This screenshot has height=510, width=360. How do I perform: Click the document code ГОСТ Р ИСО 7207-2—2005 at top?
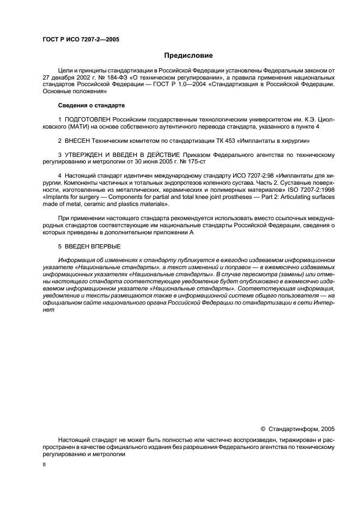81,40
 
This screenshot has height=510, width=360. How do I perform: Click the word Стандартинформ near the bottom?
294,429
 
